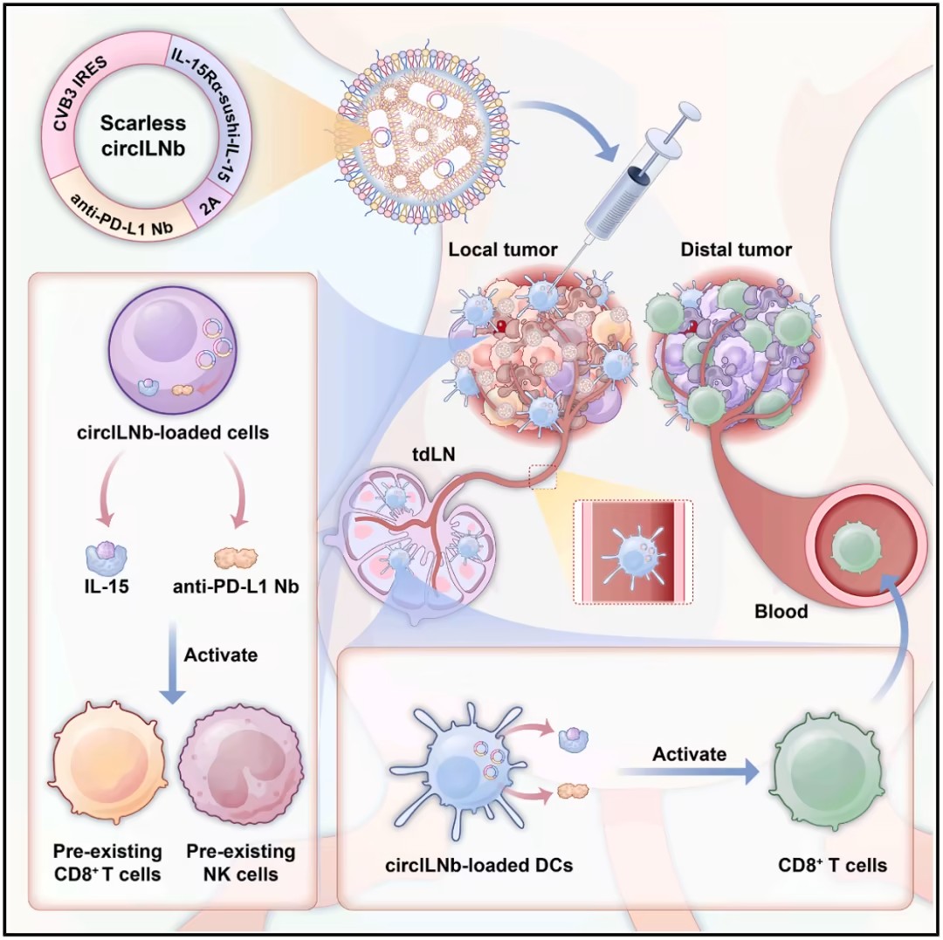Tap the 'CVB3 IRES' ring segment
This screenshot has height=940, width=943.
pyautogui.click(x=69, y=105)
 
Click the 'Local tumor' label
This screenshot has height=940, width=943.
pyautogui.click(x=502, y=250)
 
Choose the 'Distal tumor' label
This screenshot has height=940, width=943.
pyautogui.click(x=736, y=250)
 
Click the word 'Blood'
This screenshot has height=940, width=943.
pyautogui.click(x=781, y=611)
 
